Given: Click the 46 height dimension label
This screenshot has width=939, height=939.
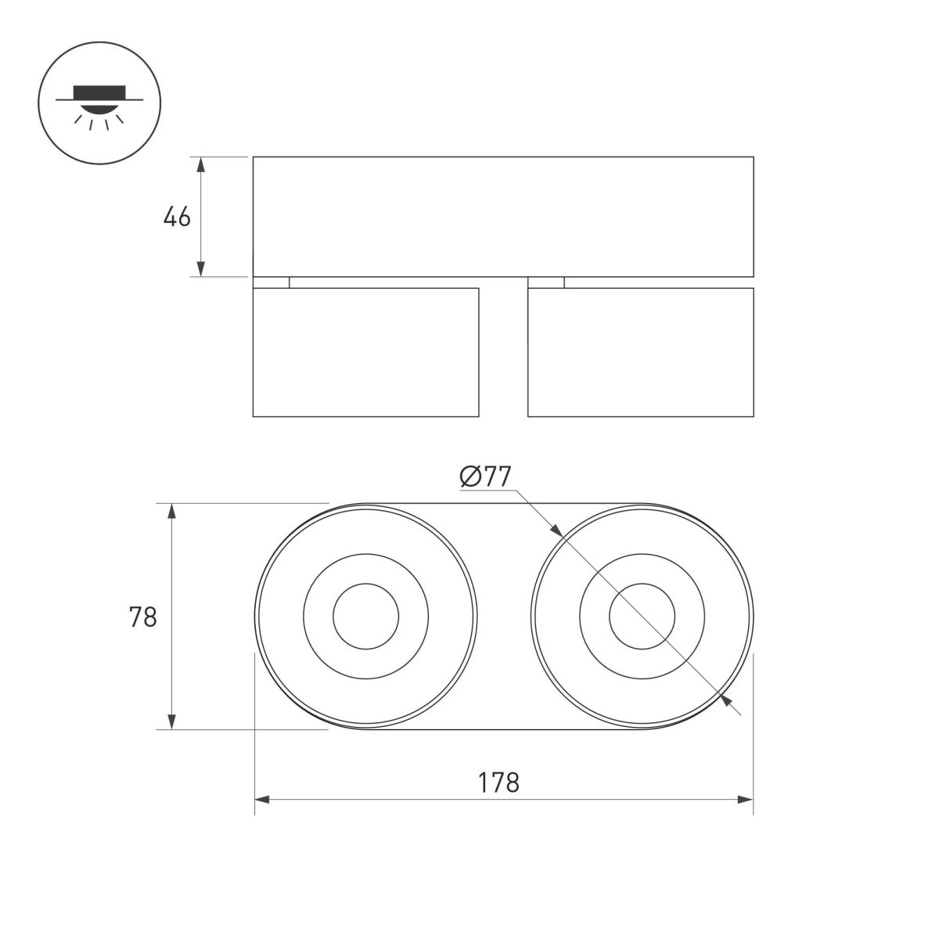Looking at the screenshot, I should pyautogui.click(x=177, y=218).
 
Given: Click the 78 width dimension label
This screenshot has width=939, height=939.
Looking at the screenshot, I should pyautogui.click(x=143, y=617).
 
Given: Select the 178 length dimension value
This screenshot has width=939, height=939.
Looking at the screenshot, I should pyautogui.click(x=500, y=782).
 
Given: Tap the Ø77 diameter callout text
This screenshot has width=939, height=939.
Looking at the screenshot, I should pyautogui.click(x=486, y=477).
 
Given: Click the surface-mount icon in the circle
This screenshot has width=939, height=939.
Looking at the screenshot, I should pyautogui.click(x=99, y=103).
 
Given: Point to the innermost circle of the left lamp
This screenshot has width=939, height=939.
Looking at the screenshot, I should pyautogui.click(x=365, y=617).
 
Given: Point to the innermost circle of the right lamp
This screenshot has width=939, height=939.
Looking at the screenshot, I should pyautogui.click(x=642, y=617).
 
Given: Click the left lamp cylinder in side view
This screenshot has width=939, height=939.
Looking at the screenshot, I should pyautogui.click(x=365, y=352).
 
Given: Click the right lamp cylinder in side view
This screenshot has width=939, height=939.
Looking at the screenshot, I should pyautogui.click(x=641, y=352).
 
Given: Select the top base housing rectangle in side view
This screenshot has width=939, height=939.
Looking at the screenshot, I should pyautogui.click(x=503, y=217).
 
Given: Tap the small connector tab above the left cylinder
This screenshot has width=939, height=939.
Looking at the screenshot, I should pyautogui.click(x=271, y=282).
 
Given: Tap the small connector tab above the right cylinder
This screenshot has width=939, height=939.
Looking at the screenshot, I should pyautogui.click(x=546, y=282).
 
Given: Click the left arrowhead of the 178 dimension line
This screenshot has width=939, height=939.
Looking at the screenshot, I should pyautogui.click(x=262, y=800).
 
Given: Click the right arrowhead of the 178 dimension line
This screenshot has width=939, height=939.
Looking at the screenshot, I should pyautogui.click(x=746, y=800).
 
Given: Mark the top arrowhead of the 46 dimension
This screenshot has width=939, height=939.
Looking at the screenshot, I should pyautogui.click(x=201, y=164).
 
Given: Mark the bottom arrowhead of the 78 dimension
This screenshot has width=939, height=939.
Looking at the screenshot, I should pyautogui.click(x=172, y=722).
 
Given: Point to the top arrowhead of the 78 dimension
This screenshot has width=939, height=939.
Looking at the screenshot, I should pyautogui.click(x=172, y=511).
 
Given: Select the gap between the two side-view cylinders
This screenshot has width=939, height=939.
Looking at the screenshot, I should pyautogui.click(x=503, y=352).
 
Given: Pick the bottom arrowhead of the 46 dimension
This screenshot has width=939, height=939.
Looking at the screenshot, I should pyautogui.click(x=201, y=269).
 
